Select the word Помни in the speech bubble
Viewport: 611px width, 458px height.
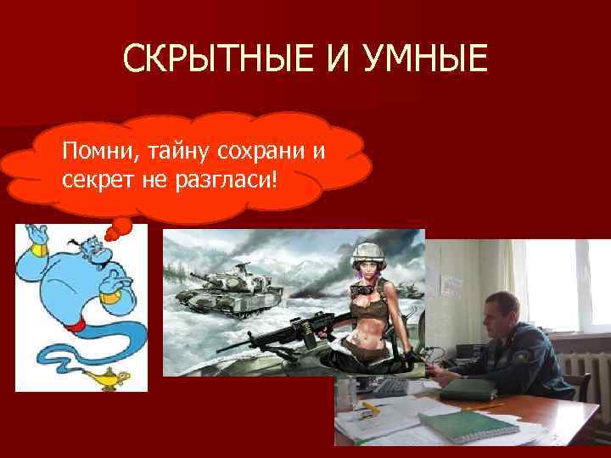pos(89,152)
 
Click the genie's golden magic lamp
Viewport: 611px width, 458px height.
pos(110,377)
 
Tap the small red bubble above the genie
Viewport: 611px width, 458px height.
pos(121,226)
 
